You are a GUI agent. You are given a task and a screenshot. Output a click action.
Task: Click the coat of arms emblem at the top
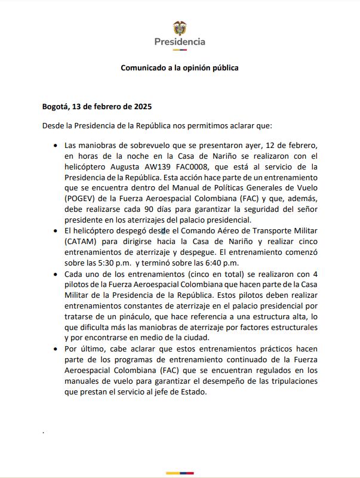click(179, 27)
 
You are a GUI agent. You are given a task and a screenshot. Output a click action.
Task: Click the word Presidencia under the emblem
click(180, 42)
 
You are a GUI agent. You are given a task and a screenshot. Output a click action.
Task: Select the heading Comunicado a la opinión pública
click(180, 68)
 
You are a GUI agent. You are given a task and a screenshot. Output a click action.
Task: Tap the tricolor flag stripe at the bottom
click(180, 473)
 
